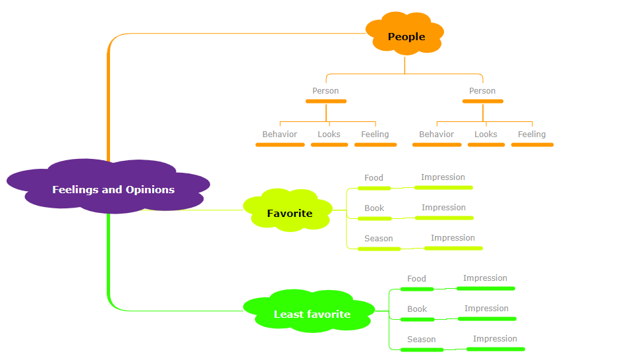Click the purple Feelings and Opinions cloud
tap(108, 187)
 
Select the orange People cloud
tap(405, 34)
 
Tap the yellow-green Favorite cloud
tap(288, 210)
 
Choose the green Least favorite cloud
tap(309, 311)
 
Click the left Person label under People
tap(325, 91)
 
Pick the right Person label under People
tap(482, 91)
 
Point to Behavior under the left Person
tap(279, 134)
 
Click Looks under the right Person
tap(486, 134)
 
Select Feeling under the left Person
tap(375, 135)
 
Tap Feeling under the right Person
tap(532, 135)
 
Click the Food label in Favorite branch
tap(374, 178)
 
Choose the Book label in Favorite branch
tap(374, 208)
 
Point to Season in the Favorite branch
tap(379, 239)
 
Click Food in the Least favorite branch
tap(416, 279)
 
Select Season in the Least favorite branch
tap(421, 340)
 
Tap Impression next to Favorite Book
tap(443, 208)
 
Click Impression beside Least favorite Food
tap(485, 278)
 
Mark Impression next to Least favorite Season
tap(495, 339)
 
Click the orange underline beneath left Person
tap(326, 102)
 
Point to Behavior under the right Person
tap(436, 134)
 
